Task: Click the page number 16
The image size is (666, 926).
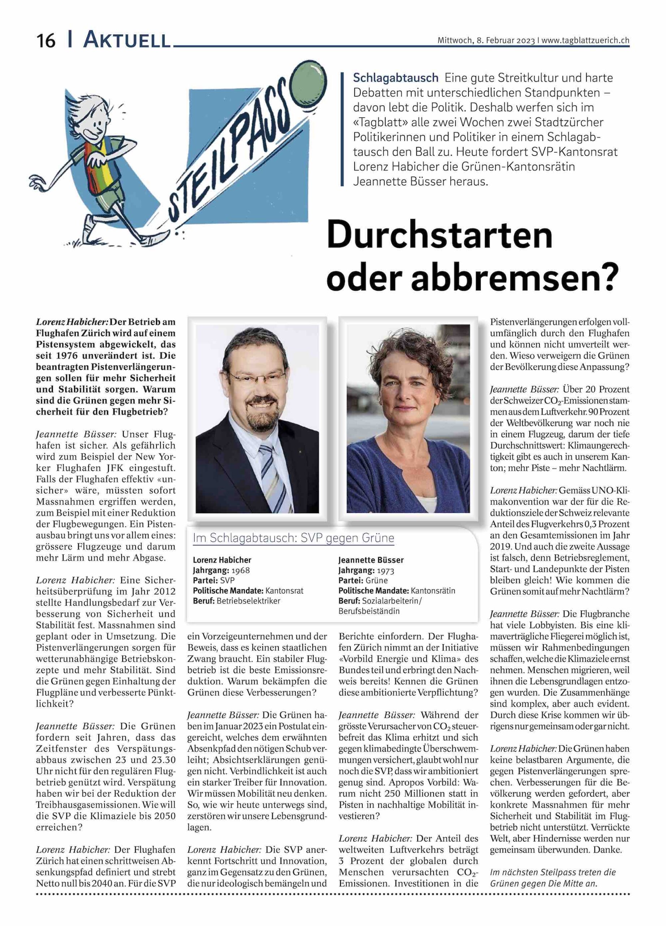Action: pyautogui.click(x=46, y=41)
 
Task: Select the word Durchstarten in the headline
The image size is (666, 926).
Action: pyautogui.click(x=440, y=236)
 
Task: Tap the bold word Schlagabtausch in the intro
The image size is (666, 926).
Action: pyautogui.click(x=396, y=77)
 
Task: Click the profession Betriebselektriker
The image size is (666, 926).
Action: pyautogui.click(x=248, y=601)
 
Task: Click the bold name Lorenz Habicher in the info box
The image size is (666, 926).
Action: pyautogui.click(x=222, y=560)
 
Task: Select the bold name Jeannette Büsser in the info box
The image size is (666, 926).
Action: pyautogui.click(x=371, y=560)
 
